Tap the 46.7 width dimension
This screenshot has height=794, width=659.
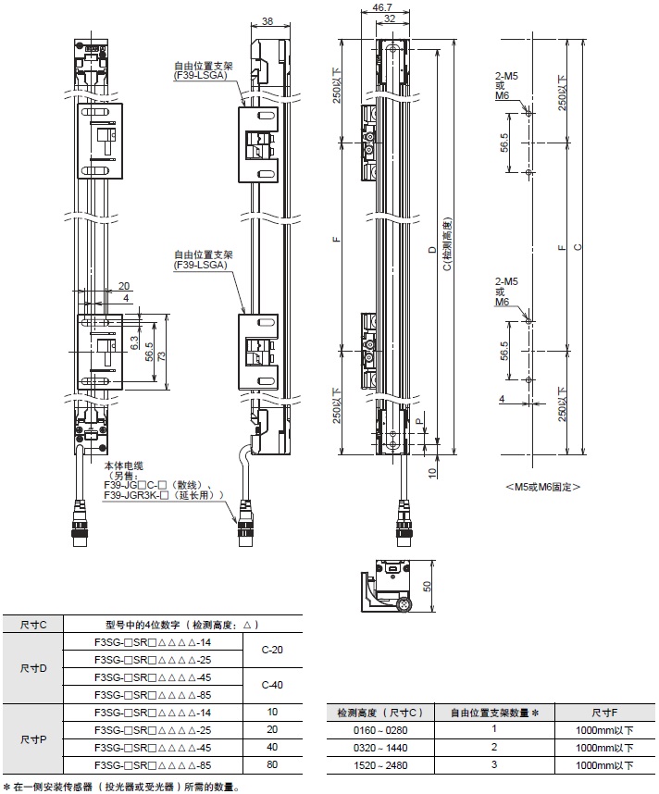point(381,6)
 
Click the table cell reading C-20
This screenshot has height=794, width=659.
point(272,650)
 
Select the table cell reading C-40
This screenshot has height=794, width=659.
point(272,685)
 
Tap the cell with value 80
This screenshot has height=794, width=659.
point(272,765)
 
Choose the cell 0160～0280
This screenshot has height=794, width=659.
point(379,730)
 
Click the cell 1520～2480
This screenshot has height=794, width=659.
point(379,765)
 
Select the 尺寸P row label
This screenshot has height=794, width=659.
point(32,738)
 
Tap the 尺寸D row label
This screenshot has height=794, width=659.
point(32,667)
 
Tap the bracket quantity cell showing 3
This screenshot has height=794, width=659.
point(494,765)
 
